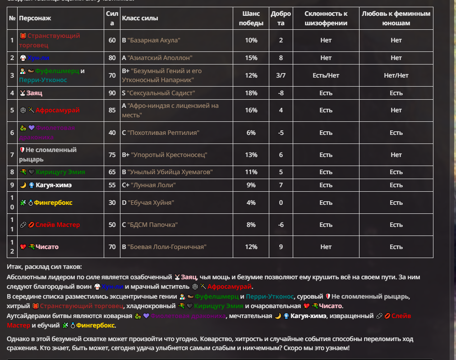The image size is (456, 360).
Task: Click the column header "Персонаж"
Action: point(35,18)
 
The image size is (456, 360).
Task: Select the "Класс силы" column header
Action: point(140,18)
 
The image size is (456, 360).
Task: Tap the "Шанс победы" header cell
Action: point(251,18)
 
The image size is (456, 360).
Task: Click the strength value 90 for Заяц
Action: point(112,93)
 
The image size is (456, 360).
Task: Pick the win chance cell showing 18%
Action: point(251,93)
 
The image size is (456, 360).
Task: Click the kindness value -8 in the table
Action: point(281,93)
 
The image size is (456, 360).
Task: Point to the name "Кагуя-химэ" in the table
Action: point(54,185)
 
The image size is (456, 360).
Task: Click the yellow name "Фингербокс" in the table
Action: point(53,203)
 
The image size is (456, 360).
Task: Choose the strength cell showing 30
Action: point(112,203)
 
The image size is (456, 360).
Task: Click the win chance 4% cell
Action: point(251,203)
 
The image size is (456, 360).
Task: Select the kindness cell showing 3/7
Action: point(281,75)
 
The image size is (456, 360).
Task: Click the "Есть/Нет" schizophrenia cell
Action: point(326,75)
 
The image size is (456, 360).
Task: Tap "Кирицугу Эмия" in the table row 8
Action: point(60,172)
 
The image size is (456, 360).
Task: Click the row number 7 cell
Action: point(12,155)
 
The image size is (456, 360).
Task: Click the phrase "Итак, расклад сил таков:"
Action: point(45,267)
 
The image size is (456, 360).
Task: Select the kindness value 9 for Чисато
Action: point(281,247)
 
